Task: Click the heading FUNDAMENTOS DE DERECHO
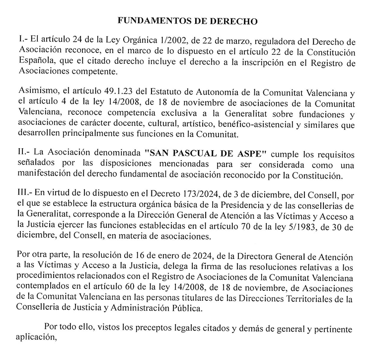click(x=187, y=22)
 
